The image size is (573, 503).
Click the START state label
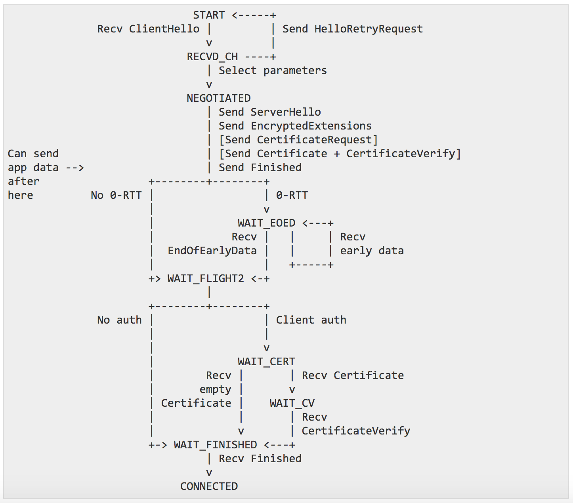click(x=209, y=15)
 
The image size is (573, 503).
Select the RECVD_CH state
click(x=212, y=57)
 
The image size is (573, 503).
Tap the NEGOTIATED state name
click(x=219, y=98)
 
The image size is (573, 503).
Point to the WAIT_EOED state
click(x=266, y=223)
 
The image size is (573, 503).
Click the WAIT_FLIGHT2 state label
click(x=206, y=278)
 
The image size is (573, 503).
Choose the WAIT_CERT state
click(x=266, y=362)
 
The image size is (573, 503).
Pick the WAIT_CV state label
click(x=292, y=403)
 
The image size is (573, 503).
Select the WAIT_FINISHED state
click(x=216, y=445)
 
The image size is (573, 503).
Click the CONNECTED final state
click(x=209, y=486)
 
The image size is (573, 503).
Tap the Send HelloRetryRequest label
click(x=352, y=29)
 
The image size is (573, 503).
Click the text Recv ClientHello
click(x=148, y=29)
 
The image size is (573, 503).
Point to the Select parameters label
click(x=273, y=70)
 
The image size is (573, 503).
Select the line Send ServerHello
click(x=269, y=112)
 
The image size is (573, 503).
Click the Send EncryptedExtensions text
click(x=295, y=126)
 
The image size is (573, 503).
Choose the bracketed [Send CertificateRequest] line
click(x=298, y=140)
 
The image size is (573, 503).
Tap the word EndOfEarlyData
click(x=212, y=251)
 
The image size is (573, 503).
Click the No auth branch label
click(x=119, y=320)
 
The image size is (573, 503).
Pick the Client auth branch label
click(x=311, y=320)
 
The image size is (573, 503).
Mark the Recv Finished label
click(x=260, y=459)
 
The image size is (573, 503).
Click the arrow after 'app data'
click(x=75, y=168)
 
